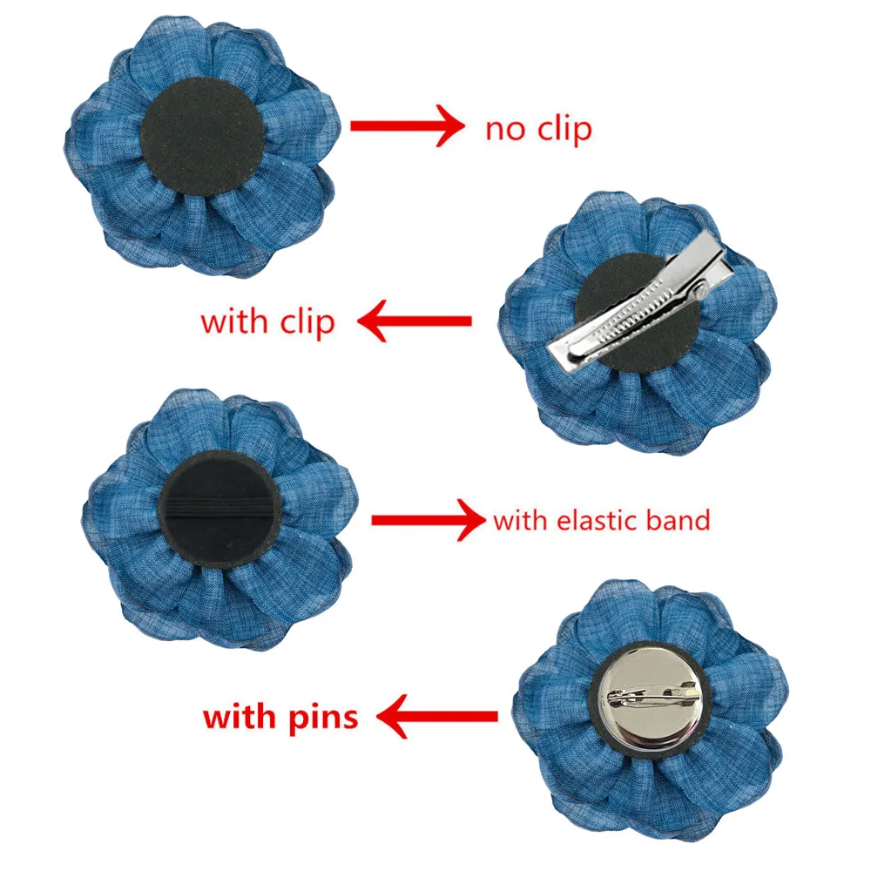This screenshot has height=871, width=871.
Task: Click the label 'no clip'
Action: [538, 129]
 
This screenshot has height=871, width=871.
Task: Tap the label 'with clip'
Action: [267, 321]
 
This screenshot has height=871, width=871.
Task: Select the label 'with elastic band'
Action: [601, 521]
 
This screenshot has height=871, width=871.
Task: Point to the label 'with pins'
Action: [280, 717]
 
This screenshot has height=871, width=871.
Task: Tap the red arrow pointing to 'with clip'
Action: [416, 321]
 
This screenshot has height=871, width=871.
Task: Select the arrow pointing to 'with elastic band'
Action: [428, 521]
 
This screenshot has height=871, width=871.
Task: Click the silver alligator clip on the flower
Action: [640, 304]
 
